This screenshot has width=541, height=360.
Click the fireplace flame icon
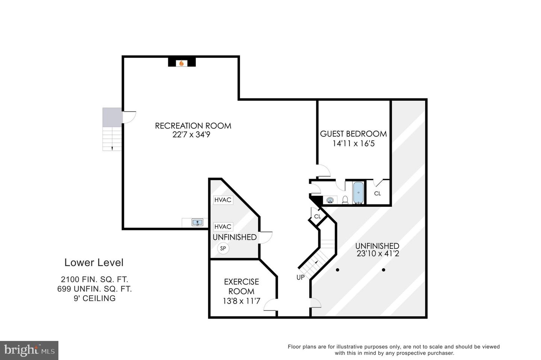181,63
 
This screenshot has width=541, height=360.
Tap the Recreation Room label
193,126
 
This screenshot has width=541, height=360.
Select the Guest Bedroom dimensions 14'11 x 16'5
353,144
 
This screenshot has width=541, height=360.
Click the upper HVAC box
223,200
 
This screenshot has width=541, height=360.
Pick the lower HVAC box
223,227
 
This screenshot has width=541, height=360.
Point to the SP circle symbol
223,248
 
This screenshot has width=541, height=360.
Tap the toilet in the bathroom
345,200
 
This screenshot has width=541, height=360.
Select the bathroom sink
330,200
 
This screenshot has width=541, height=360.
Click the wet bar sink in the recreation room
197,222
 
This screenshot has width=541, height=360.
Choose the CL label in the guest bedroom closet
378,194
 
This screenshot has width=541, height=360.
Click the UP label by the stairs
301,278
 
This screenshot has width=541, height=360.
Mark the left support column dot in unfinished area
337,270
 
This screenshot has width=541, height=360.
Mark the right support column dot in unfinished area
384,270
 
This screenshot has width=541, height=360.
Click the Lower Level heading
94,262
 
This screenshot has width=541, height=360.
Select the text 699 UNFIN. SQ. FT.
95,289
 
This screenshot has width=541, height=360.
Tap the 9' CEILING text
95,298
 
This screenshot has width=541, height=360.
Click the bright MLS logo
29,351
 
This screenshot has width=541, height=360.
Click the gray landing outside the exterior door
112,117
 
